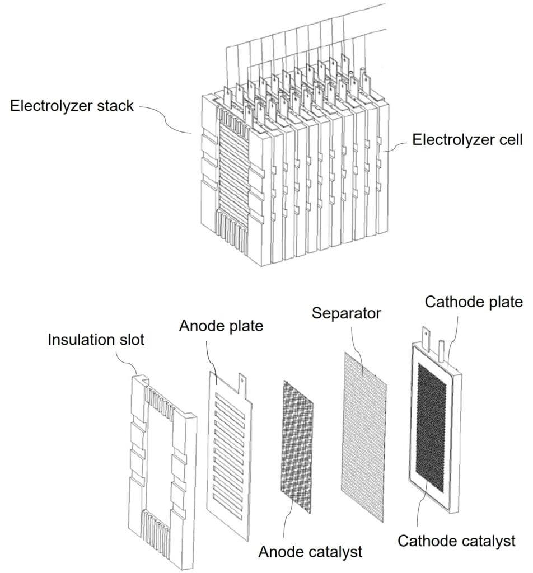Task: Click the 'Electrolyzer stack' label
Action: pos(72,105)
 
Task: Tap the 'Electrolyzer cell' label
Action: pos(467,139)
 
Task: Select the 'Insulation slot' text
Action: pos(96,340)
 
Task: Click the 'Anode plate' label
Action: pos(221,326)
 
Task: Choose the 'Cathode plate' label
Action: pos(473,302)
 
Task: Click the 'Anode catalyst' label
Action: pos(310,552)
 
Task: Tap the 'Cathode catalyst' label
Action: pos(456,541)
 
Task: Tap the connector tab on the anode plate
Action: pos(242,383)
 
